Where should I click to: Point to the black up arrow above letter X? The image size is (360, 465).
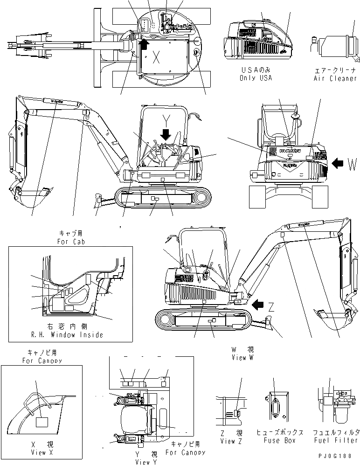pos(144,44)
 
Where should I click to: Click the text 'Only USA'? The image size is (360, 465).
pos(256,78)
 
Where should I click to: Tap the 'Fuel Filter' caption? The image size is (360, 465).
pos(335,440)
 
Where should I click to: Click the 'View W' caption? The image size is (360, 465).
pos(242,357)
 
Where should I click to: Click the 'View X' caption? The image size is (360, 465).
pos(39,452)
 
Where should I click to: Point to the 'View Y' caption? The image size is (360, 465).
pos(146,462)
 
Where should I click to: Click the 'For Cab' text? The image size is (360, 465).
pos(70,242)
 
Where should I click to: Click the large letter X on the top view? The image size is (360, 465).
pos(157,58)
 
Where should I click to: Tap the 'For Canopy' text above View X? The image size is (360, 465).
pos(42,361)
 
